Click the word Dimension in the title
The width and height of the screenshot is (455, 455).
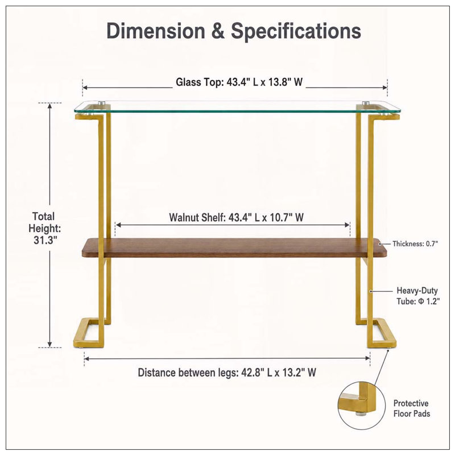(156, 31)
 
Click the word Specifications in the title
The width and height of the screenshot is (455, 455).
(296, 31)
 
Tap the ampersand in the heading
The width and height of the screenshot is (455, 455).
(218, 31)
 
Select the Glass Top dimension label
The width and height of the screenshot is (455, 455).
(239, 82)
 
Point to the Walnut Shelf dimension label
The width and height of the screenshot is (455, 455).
(236, 217)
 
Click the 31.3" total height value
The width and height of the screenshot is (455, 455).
(45, 240)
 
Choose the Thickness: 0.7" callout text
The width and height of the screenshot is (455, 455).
(415, 244)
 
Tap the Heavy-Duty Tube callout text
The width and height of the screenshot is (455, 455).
(418, 296)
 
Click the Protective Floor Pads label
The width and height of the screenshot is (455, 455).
(411, 408)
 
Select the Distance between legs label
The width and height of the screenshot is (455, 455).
(226, 373)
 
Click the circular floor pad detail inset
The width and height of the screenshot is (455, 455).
(362, 406)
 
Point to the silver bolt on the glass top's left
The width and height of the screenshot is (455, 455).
(101, 103)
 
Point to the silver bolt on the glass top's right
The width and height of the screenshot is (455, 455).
(366, 103)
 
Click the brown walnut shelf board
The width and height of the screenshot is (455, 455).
(234, 247)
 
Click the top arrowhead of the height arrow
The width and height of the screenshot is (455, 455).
(50, 106)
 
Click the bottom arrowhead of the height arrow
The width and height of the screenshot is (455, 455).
(50, 345)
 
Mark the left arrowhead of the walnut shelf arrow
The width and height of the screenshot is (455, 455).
(118, 225)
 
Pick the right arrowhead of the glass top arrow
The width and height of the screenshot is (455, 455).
(385, 88)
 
